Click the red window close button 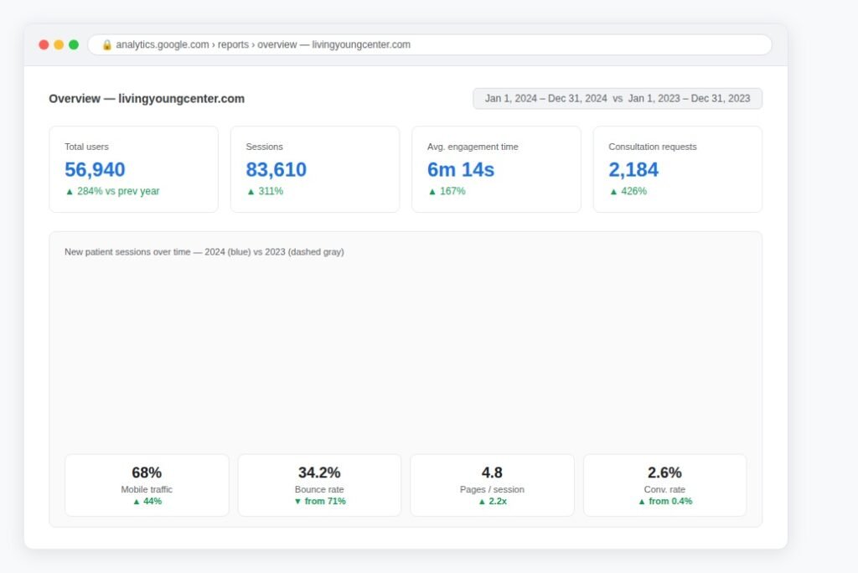(x=44, y=44)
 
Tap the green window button (x=74, y=44)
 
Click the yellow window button (x=59, y=44)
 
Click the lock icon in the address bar (x=106, y=45)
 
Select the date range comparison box (x=618, y=99)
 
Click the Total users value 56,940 (x=95, y=170)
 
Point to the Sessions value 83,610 (x=276, y=170)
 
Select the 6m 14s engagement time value (x=461, y=170)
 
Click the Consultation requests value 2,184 (x=633, y=170)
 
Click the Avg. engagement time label (x=473, y=147)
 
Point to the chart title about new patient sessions (x=204, y=252)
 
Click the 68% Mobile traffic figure (x=147, y=472)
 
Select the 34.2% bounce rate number (x=319, y=472)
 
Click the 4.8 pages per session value (x=492, y=472)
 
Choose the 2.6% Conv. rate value (x=664, y=472)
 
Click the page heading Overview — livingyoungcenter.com (x=147, y=99)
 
